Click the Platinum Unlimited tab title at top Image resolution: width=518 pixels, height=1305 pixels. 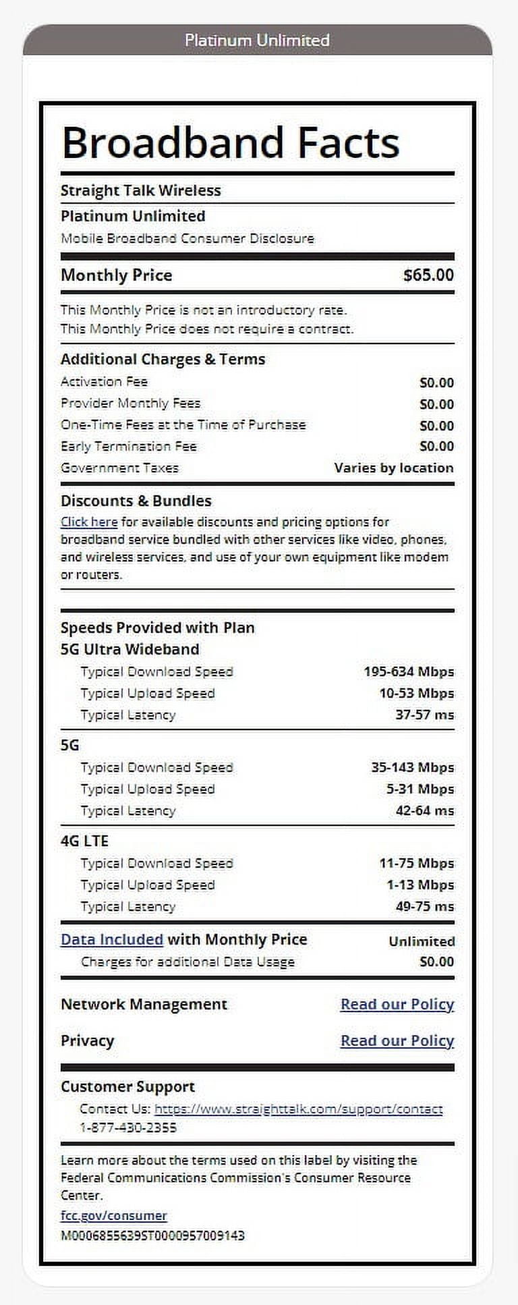(257, 40)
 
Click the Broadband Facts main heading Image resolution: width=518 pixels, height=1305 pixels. (230, 142)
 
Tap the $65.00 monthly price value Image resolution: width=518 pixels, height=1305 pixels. (428, 275)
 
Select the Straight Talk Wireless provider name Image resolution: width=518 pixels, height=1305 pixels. (140, 191)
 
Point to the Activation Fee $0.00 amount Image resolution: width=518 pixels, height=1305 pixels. (436, 383)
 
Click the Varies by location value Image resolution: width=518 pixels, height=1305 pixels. (393, 468)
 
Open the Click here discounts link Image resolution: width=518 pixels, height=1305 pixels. (89, 522)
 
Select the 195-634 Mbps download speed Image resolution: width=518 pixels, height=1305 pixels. (408, 672)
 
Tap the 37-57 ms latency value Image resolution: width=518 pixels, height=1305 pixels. (424, 715)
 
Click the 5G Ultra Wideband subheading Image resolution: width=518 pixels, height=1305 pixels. (129, 649)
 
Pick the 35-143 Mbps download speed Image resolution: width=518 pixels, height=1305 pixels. (412, 768)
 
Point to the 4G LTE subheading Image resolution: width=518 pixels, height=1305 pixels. (84, 841)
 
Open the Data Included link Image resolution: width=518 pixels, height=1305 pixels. (112, 939)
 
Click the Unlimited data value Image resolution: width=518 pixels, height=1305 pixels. (422, 941)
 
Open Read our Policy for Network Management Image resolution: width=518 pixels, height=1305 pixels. (397, 1004)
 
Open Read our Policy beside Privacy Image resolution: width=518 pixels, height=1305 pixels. (397, 1040)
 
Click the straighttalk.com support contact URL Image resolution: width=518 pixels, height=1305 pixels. (298, 1109)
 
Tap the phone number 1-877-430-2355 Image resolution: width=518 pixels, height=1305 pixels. (128, 1128)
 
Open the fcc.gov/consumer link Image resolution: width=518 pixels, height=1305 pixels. (113, 1215)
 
